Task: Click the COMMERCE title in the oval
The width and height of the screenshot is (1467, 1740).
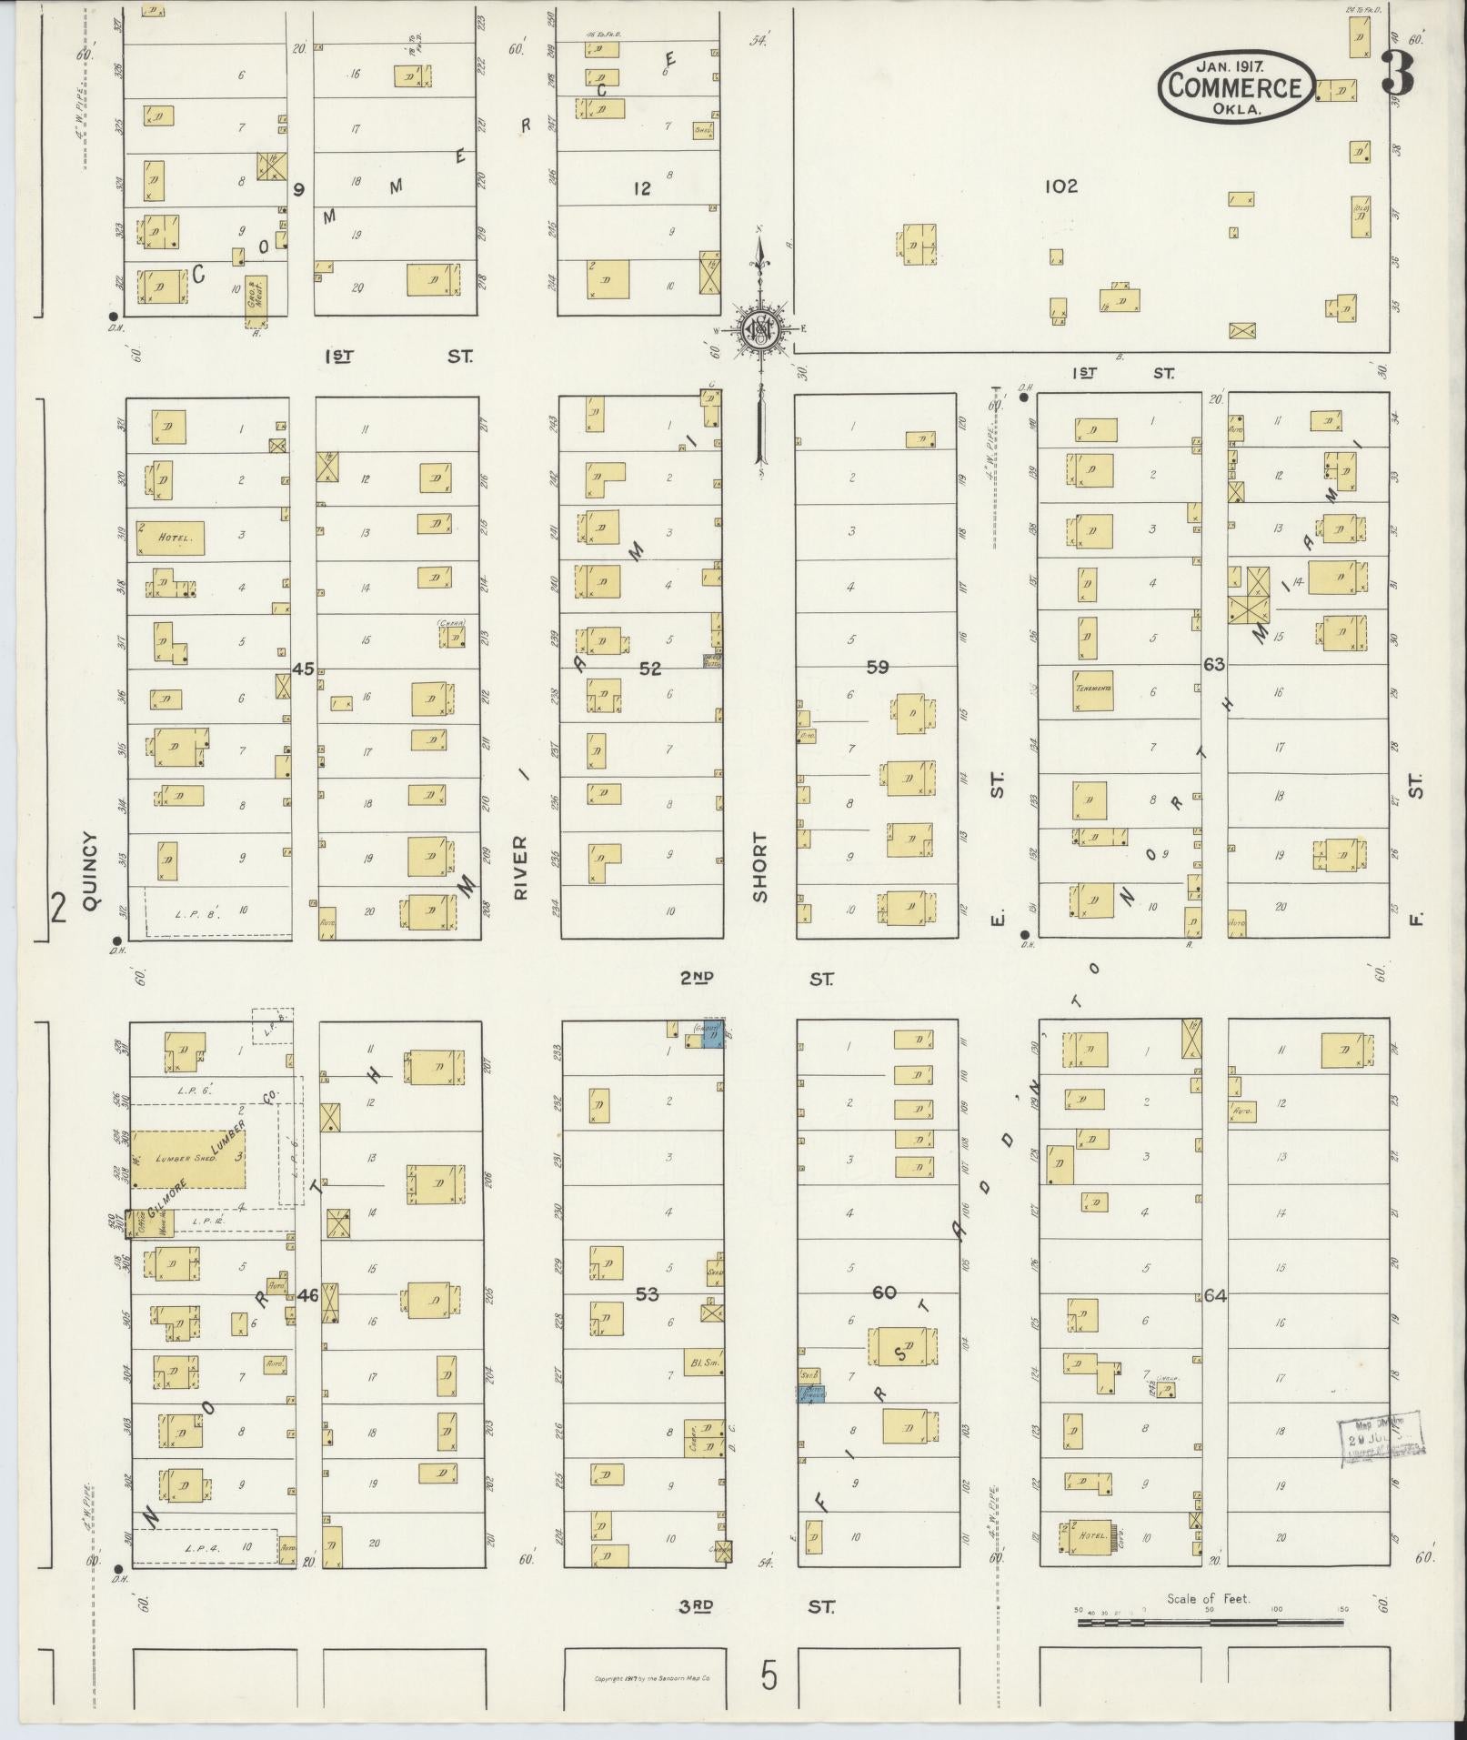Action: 1235,86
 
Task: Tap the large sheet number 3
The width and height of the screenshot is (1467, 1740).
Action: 1398,75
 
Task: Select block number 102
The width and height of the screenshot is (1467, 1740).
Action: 1060,186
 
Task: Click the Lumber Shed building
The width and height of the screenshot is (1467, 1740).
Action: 189,1158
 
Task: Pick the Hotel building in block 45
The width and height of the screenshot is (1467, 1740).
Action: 170,538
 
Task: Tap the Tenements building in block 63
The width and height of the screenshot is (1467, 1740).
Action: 1093,688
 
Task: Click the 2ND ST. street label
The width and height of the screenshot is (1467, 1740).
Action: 757,979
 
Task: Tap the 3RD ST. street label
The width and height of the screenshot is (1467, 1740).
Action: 757,1607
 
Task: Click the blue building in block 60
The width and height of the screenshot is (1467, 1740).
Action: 811,1393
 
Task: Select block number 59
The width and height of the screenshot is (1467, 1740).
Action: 877,668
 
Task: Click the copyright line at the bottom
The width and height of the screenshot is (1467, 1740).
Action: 645,1678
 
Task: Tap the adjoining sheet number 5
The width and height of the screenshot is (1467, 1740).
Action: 769,1676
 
